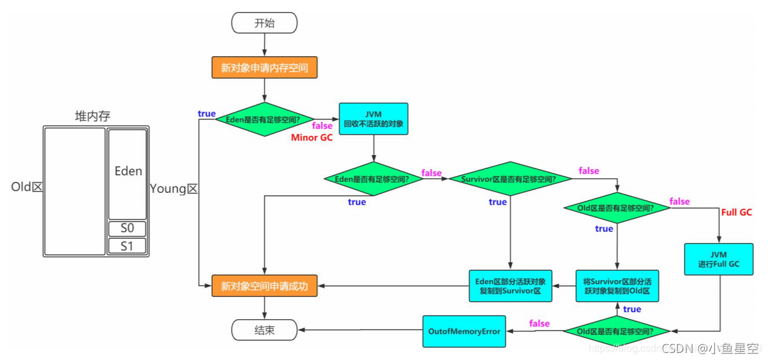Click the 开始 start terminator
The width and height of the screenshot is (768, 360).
click(264, 24)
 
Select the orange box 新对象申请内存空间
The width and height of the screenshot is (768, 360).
click(264, 68)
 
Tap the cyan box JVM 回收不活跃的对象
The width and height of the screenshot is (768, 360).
click(373, 119)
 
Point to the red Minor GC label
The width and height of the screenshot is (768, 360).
click(312, 138)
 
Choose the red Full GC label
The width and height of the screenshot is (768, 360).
click(736, 212)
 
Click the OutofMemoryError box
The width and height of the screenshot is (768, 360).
click(463, 331)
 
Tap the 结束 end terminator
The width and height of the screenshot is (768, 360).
click(264, 330)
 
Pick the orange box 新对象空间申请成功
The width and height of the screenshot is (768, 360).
click(264, 287)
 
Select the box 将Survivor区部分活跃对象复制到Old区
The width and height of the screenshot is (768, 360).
click(617, 286)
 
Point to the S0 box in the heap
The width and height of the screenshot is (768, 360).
click(127, 229)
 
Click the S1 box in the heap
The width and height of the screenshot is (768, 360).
click(127, 246)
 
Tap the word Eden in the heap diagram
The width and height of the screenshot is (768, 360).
click(128, 171)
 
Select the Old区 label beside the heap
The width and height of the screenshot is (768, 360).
click(26, 188)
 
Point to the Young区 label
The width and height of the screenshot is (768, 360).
click(174, 188)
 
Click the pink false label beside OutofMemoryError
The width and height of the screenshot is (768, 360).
click(539, 324)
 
